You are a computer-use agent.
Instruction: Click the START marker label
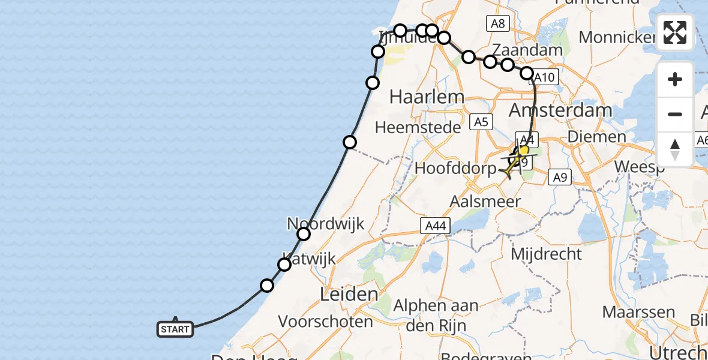pos(175,329)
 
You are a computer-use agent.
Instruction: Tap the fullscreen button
pos(675,32)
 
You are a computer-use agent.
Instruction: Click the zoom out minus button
pos(675,114)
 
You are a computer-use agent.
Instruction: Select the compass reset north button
pos(675,149)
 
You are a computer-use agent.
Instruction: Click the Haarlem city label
pos(418,97)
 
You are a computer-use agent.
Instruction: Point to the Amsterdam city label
pos(560,110)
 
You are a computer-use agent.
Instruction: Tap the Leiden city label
pos(349,295)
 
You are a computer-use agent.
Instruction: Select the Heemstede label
pos(418,127)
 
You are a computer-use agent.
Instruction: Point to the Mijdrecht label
pos(546,254)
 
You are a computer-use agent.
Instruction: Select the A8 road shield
pos(497,24)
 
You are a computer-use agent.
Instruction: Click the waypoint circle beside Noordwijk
pos(304,234)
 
